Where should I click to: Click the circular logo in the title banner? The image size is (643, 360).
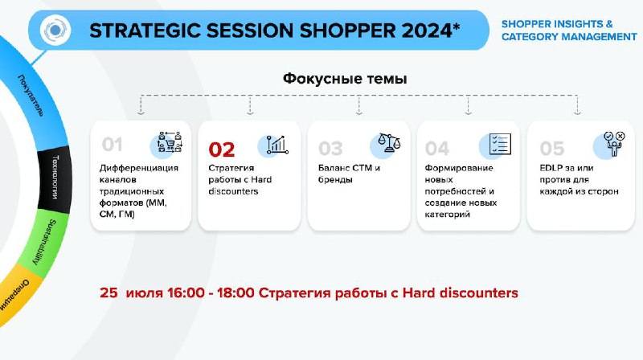(x=55, y=30)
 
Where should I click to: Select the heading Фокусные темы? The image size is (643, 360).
(x=345, y=78)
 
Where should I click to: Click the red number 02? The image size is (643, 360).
(x=222, y=149)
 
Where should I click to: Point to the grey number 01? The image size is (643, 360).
(x=112, y=145)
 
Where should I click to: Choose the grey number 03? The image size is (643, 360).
(x=330, y=149)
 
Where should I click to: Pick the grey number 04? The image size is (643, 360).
(x=437, y=149)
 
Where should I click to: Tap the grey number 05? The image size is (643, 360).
(x=552, y=149)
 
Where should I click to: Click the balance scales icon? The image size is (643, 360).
(x=389, y=143)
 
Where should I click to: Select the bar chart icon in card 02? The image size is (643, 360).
(x=277, y=145)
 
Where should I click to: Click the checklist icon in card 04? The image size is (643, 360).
(x=500, y=144)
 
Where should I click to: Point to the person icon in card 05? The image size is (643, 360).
(x=614, y=144)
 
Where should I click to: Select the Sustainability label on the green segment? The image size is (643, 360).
(x=43, y=242)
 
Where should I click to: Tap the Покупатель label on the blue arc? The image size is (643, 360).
(x=31, y=95)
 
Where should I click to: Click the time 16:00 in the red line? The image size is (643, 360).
(x=186, y=292)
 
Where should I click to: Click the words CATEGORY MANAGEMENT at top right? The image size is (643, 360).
(x=569, y=37)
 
